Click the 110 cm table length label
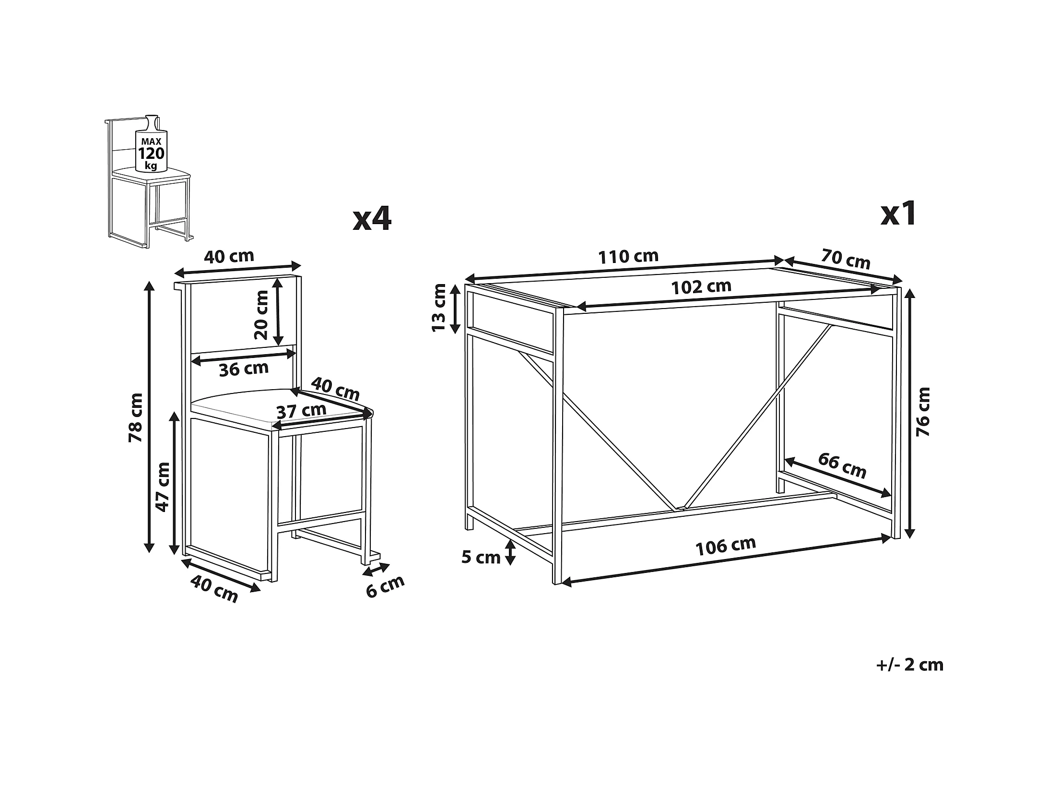(x=628, y=257)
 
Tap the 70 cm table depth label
(x=845, y=259)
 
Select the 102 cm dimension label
(x=701, y=287)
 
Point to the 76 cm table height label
(x=922, y=412)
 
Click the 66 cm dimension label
(x=842, y=465)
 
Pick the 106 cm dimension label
(x=726, y=546)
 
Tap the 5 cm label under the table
(x=481, y=557)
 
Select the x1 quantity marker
(x=899, y=214)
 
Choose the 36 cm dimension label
(x=244, y=369)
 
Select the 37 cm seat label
(x=301, y=411)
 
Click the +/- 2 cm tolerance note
(x=909, y=665)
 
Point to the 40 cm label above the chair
(x=229, y=256)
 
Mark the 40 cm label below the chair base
(x=214, y=589)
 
